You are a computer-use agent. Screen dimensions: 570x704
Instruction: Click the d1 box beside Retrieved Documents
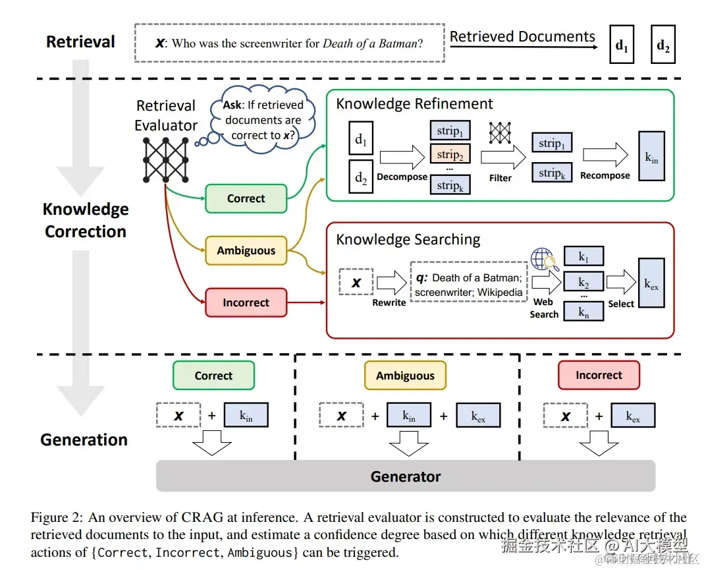622,45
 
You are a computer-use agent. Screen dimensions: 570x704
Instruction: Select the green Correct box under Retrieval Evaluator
246,198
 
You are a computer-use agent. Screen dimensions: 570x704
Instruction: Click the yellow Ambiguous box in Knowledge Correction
246,251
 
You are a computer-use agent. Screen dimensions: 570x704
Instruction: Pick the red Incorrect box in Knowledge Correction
246,302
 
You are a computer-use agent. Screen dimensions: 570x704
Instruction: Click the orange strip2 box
450,155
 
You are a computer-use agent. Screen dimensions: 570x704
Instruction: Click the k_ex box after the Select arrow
651,283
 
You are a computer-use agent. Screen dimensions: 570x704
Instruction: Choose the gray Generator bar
405,476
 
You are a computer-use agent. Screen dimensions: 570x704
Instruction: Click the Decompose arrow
402,157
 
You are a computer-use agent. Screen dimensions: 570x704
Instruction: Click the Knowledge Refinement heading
414,104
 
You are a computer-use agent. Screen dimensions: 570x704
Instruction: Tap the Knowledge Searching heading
408,239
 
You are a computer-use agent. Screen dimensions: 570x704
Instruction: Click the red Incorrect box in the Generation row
599,376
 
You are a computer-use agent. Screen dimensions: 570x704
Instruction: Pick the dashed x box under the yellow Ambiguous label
341,416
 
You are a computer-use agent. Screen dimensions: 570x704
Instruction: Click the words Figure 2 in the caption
56,518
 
